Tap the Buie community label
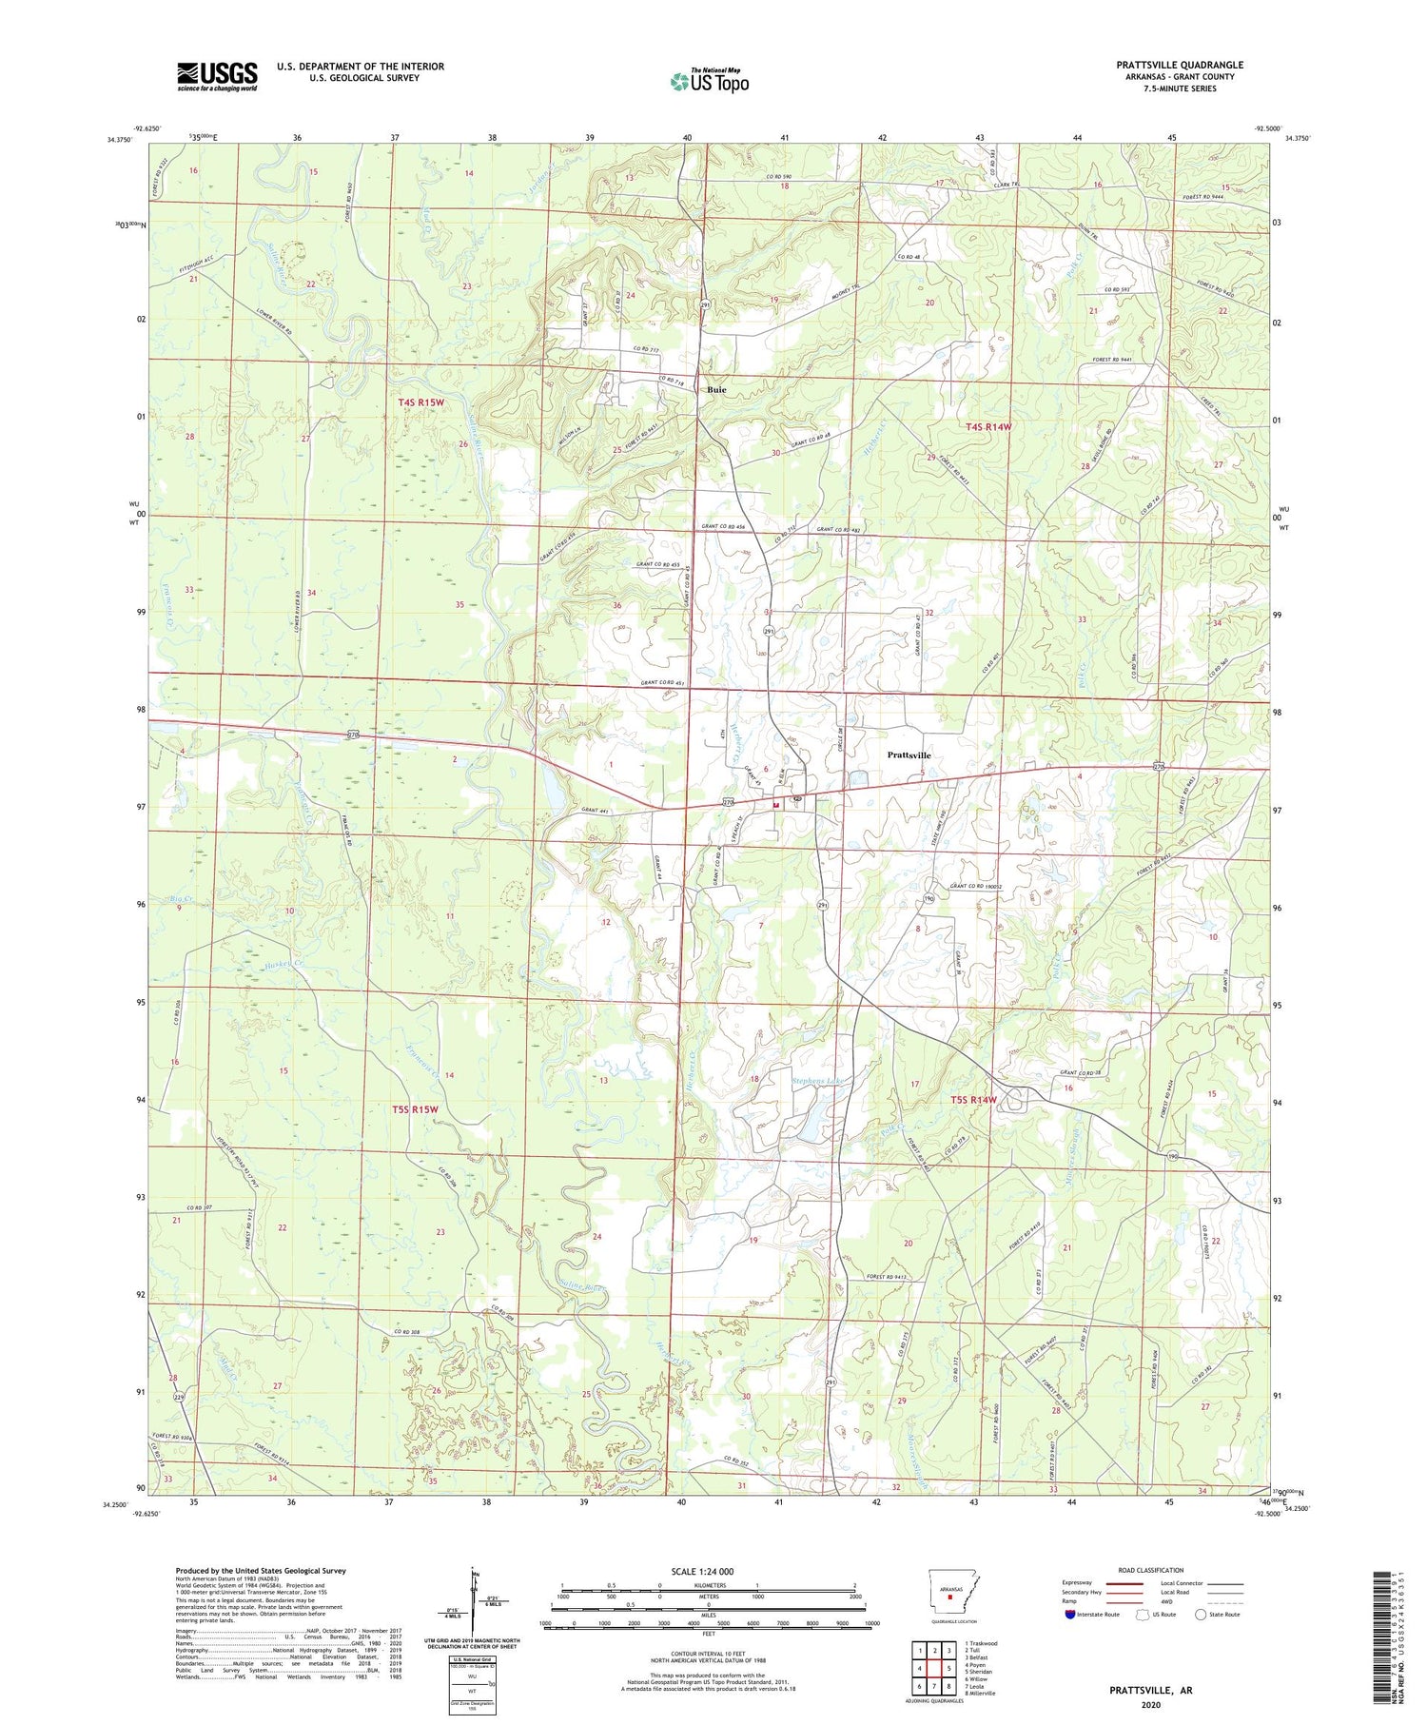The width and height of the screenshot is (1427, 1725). click(x=716, y=390)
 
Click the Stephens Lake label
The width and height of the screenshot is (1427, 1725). click(x=819, y=1081)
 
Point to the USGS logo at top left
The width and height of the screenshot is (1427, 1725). click(x=217, y=76)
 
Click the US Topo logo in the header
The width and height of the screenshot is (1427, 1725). click(x=709, y=81)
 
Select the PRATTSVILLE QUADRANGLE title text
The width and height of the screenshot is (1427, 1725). click(x=1180, y=65)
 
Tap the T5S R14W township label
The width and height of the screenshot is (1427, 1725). click(x=973, y=1100)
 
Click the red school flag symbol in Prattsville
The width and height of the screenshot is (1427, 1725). click(x=775, y=805)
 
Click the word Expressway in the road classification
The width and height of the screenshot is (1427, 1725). click(x=1081, y=1583)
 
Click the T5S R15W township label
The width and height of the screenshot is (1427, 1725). click(x=415, y=1109)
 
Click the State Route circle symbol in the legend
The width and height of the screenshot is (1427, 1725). click(x=1201, y=1614)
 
